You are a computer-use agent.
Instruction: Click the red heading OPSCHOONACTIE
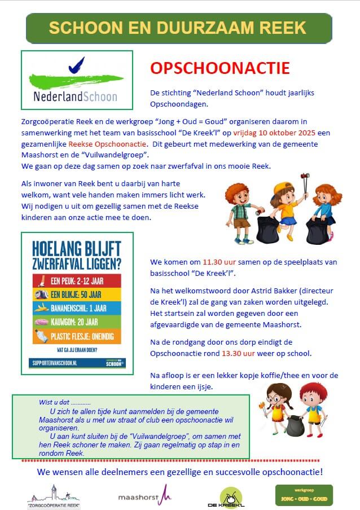pyautogui.click(x=219, y=69)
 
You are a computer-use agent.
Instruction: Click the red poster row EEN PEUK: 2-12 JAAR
pyautogui.click(x=75, y=280)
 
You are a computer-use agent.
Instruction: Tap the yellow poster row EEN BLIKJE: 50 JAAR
pyautogui.click(x=75, y=294)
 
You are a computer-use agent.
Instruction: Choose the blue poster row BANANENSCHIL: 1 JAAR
pyautogui.click(x=75, y=309)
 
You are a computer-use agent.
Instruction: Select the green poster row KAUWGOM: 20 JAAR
pyautogui.click(x=75, y=323)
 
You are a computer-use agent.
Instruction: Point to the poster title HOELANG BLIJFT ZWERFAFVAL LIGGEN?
pyautogui.click(x=75, y=256)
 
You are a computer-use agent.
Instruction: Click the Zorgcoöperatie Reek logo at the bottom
pyautogui.click(x=54, y=496)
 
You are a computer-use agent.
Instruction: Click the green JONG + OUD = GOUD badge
pyautogui.click(x=304, y=495)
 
